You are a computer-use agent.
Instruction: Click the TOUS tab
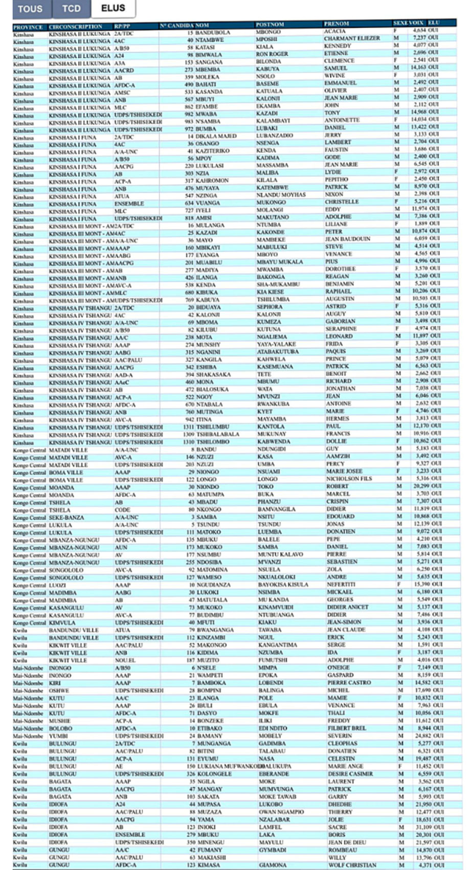coord(30,8)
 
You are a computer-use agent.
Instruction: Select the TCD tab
coord(71,8)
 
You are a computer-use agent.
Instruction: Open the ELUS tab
coord(113,8)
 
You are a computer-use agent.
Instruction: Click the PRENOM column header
coord(336,24)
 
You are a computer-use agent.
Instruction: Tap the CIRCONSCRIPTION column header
coord(75,27)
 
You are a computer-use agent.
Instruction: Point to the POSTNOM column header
coord(270,24)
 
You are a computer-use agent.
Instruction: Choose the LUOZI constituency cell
coord(58,585)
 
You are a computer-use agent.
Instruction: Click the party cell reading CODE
coord(122,509)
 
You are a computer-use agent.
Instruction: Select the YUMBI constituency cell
coord(58,736)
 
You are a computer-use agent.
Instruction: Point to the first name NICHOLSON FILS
coord(349,479)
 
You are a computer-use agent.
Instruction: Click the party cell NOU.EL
coord(125,660)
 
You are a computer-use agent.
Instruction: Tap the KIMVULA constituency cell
coord(62,622)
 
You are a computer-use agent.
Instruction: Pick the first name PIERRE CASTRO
coord(349,682)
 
